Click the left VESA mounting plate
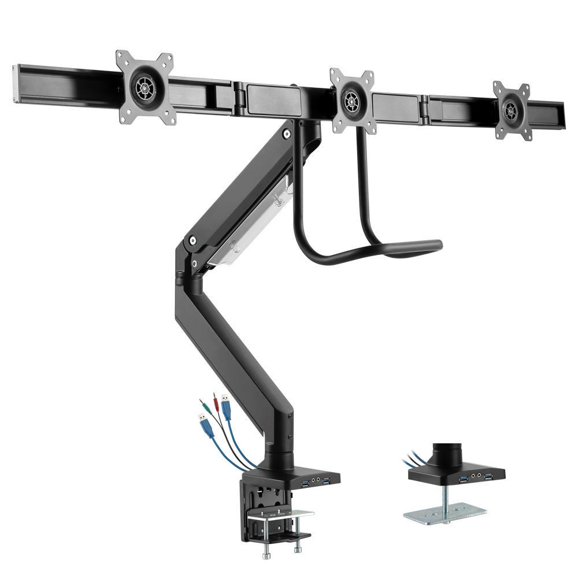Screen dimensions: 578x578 point(144,88)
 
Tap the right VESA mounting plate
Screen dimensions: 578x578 point(512,110)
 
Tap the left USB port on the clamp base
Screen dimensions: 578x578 point(304,481)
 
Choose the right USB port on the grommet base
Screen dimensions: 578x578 point(489,476)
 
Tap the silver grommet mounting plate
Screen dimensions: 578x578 point(445,514)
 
